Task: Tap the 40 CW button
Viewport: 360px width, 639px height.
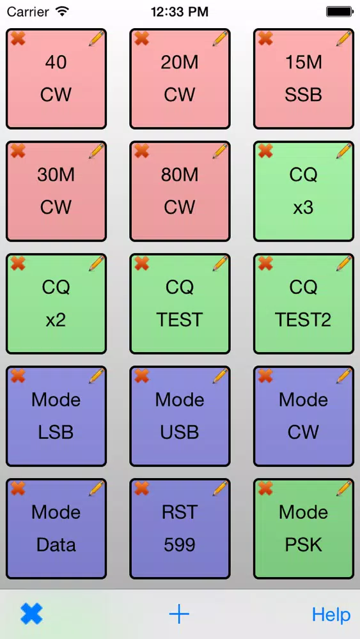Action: pos(56,79)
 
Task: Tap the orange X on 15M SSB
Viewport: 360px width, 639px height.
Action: pos(265,38)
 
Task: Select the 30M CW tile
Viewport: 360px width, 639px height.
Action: pos(56,191)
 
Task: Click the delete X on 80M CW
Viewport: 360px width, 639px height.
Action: pos(141,151)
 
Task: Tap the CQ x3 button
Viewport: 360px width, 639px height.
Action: pos(304,191)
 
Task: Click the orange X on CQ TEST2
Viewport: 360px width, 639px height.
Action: pos(265,263)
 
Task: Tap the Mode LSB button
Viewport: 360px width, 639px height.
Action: pos(56,416)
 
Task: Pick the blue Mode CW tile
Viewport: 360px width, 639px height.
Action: pos(304,416)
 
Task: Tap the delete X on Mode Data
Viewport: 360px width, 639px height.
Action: pos(18,488)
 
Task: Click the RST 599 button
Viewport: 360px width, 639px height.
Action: pos(180,528)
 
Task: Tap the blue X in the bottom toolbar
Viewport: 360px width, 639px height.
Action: pos(31,613)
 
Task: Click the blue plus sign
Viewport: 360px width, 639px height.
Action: pos(179,613)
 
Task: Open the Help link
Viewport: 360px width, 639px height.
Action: pos(331,615)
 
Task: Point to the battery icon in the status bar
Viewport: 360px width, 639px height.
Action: pos(339,12)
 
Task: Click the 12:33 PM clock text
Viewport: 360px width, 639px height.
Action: pos(180,12)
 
